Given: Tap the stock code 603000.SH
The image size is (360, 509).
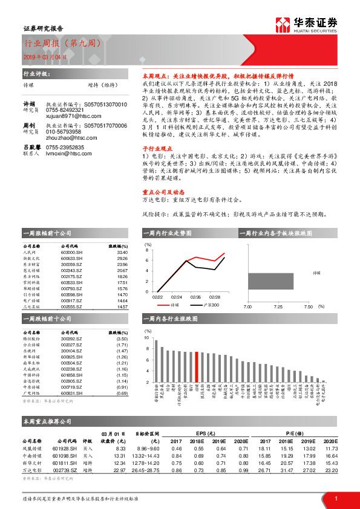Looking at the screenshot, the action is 71,253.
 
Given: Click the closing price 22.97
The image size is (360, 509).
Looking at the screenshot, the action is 120,469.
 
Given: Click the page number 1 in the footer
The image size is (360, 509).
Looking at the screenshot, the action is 336,498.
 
